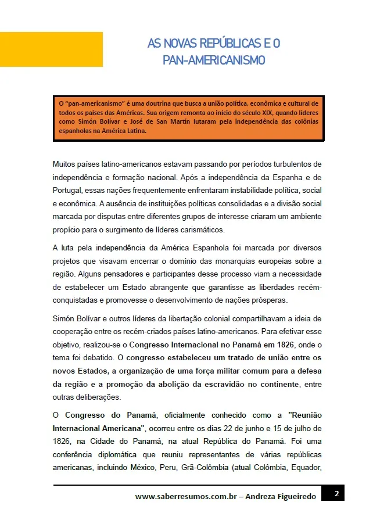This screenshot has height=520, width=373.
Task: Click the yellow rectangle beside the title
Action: click(51, 49)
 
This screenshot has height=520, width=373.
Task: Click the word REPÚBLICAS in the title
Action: click(224, 44)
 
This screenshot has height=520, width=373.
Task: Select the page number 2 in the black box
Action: click(336, 494)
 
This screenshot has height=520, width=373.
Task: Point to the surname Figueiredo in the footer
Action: click(296, 497)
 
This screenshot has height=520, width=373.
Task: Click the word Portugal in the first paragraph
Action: click(70, 191)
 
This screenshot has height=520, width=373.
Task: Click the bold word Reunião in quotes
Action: click(305, 415)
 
